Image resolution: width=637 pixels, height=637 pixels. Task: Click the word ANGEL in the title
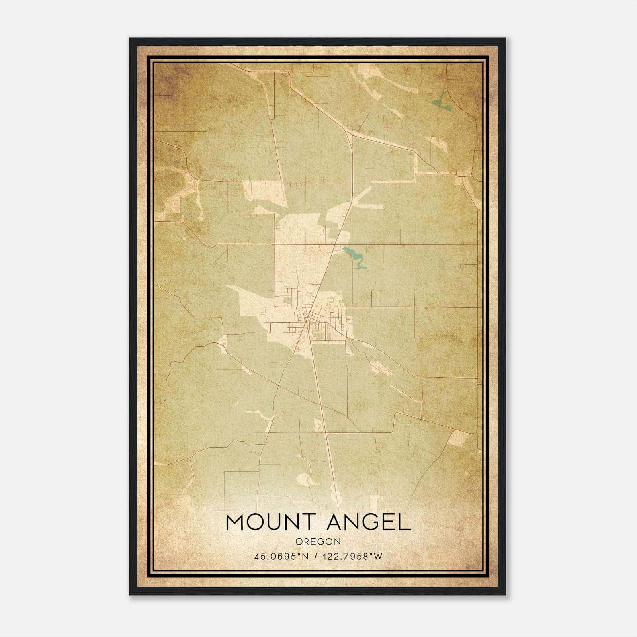[x=369, y=523]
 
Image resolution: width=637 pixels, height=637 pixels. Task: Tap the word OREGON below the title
[x=318, y=542]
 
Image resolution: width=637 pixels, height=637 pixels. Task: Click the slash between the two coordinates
[x=315, y=557]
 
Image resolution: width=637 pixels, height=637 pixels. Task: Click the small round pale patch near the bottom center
[x=305, y=479]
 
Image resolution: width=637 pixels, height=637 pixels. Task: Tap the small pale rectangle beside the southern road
[x=318, y=425]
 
